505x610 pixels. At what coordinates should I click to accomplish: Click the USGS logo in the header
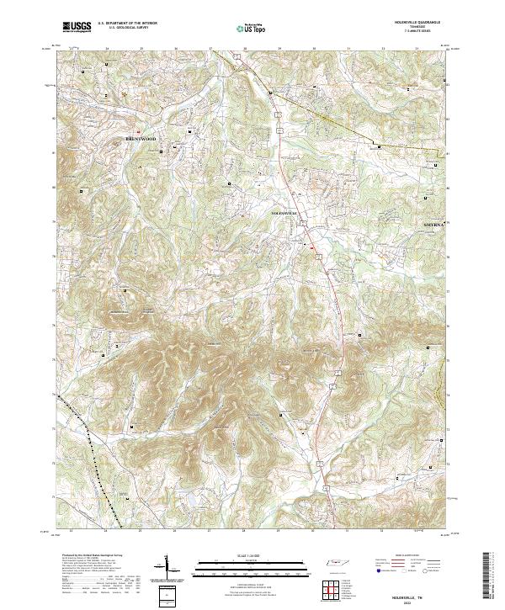pyautogui.click(x=77, y=28)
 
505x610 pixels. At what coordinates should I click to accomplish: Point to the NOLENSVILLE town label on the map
pyautogui.click(x=284, y=214)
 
